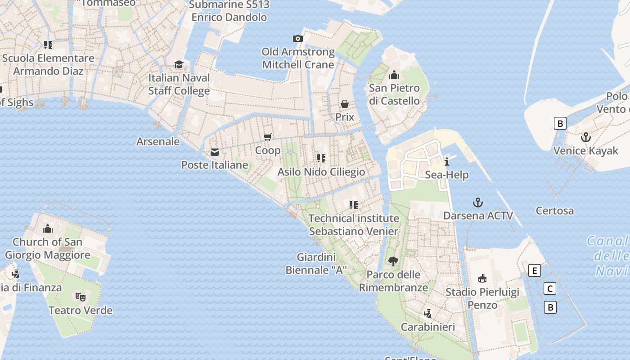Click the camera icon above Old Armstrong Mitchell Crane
297,39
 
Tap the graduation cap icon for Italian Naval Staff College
179,64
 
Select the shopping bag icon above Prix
345,104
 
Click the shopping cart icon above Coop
268,137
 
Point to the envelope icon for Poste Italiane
215,152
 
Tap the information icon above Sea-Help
447,162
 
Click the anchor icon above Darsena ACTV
478,202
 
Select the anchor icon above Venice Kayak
586,137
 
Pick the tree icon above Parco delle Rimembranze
393,261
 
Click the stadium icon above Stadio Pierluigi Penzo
482,279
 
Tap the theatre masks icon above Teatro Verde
81,297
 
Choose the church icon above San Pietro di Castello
394,75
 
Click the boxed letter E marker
535,270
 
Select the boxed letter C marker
549,288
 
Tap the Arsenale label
158,142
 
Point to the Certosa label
555,211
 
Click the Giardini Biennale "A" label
316,264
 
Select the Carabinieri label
428,327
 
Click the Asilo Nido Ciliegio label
321,172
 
